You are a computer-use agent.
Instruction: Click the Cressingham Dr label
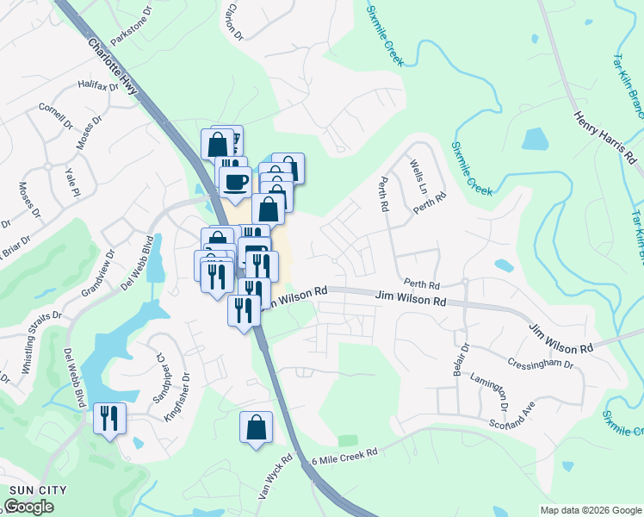point(541,364)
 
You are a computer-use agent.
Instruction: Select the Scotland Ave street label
point(513,413)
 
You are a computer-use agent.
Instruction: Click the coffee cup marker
point(235,182)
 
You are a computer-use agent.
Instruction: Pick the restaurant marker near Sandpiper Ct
point(109,419)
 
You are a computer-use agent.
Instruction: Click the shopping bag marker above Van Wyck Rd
point(256,427)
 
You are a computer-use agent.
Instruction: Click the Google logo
point(28,507)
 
